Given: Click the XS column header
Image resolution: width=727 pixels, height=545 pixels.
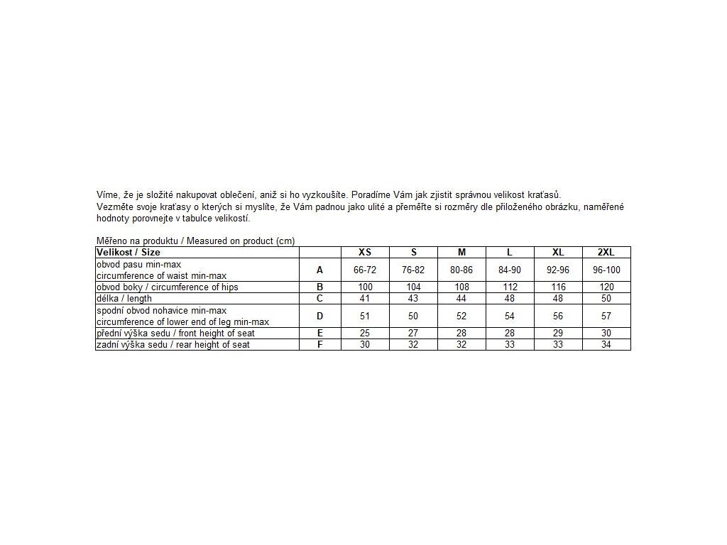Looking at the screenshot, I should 365,252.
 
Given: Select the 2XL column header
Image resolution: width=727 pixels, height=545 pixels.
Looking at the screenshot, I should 606,252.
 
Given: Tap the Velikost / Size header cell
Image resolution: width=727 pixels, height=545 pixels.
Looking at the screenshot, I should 129,252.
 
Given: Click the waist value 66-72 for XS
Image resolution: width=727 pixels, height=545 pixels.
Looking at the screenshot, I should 365,270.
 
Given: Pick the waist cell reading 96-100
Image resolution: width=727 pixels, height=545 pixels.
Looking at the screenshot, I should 606,270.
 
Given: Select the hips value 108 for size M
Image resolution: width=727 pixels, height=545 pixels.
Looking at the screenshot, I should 461,287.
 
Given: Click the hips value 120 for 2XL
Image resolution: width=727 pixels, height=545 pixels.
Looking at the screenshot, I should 606,287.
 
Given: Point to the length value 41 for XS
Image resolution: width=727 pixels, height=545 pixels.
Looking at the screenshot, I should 365,299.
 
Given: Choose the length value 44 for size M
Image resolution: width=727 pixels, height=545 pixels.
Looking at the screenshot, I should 461,299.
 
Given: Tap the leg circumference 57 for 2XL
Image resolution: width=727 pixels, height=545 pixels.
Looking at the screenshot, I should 606,316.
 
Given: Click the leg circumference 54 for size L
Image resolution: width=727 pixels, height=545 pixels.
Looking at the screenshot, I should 510,316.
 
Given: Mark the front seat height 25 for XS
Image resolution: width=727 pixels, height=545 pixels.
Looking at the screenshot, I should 365,333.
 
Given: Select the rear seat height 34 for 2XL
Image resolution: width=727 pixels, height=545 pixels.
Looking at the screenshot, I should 606,344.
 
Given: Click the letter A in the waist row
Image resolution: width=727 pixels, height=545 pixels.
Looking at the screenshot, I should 319,270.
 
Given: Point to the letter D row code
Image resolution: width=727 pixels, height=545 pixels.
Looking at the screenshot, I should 319,316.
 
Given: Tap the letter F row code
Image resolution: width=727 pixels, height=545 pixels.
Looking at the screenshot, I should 319,344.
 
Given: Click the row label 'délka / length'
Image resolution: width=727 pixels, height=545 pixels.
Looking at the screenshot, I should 124,299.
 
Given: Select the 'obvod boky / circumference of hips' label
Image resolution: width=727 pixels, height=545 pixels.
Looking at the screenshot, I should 168,287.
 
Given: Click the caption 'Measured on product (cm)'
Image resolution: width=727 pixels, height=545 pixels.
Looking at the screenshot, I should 241,241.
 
